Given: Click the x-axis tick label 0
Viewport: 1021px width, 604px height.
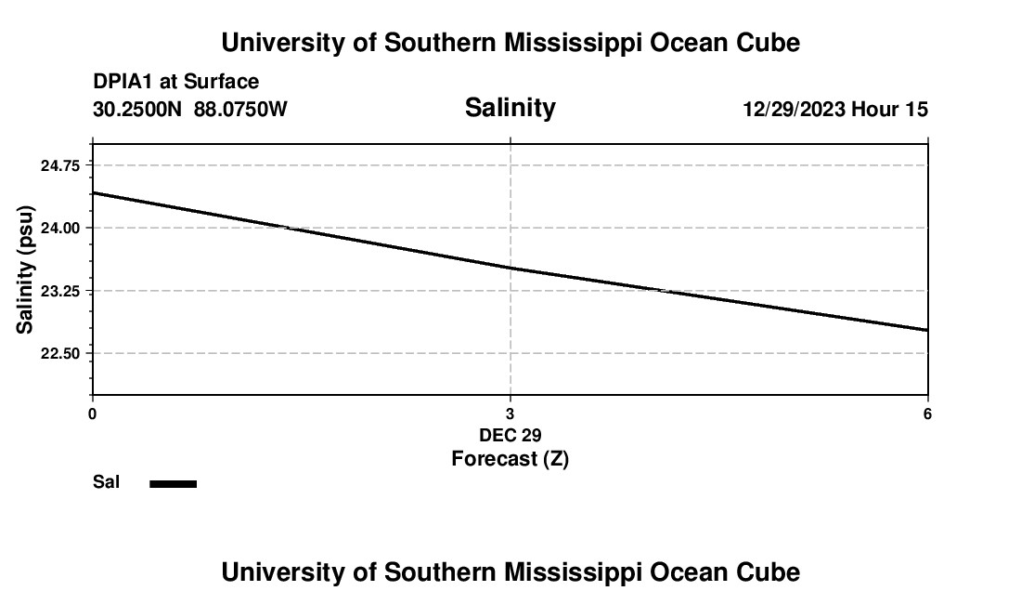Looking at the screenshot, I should click(x=92, y=414).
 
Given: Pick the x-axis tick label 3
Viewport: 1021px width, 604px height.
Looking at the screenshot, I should click(x=510, y=414).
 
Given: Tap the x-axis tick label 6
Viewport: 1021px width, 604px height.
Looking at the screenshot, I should click(x=927, y=414).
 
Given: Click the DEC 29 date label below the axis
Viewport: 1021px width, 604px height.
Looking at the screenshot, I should click(x=510, y=435).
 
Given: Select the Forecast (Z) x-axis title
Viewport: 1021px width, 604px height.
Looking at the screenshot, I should click(x=510, y=458).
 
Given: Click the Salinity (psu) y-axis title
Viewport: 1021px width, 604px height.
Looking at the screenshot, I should click(x=26, y=269).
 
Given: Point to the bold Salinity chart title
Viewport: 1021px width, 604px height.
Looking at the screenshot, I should click(x=510, y=108).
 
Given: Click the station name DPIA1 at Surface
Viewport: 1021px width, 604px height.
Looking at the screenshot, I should click(x=175, y=82).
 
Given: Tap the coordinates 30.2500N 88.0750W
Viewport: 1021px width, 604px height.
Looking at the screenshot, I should click(x=190, y=110).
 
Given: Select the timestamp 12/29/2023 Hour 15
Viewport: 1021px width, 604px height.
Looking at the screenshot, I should click(x=835, y=110).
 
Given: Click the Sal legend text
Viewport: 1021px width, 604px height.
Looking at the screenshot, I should click(x=107, y=482).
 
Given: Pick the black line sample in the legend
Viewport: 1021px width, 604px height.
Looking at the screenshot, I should click(x=174, y=483).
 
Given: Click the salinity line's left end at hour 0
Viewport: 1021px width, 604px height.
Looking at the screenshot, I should click(x=93, y=193).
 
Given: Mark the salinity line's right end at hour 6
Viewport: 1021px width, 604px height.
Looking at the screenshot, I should click(x=927, y=330).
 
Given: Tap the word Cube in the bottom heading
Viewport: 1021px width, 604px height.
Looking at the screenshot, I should click(x=770, y=572).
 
